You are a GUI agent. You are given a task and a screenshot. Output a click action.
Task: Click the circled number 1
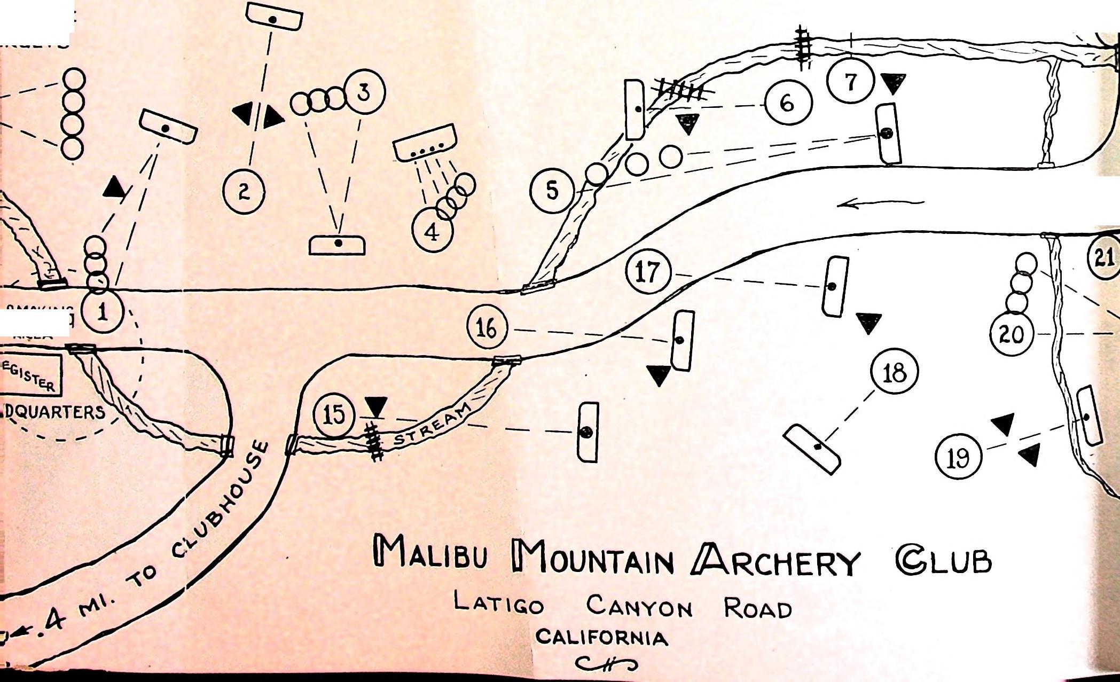coord(103,312)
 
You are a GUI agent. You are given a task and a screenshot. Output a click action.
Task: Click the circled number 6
coord(787,103)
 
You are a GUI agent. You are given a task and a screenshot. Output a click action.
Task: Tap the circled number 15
coord(335,416)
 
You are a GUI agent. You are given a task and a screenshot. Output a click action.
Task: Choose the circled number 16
coord(486,328)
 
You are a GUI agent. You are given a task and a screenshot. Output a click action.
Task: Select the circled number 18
coord(895,372)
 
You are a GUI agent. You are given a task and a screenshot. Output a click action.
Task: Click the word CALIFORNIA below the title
coord(602,638)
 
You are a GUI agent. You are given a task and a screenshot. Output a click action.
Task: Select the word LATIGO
coord(499,603)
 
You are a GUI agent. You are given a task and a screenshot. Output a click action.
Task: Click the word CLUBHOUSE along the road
coord(219,499)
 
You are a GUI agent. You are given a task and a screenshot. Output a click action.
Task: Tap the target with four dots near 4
coord(425,143)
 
